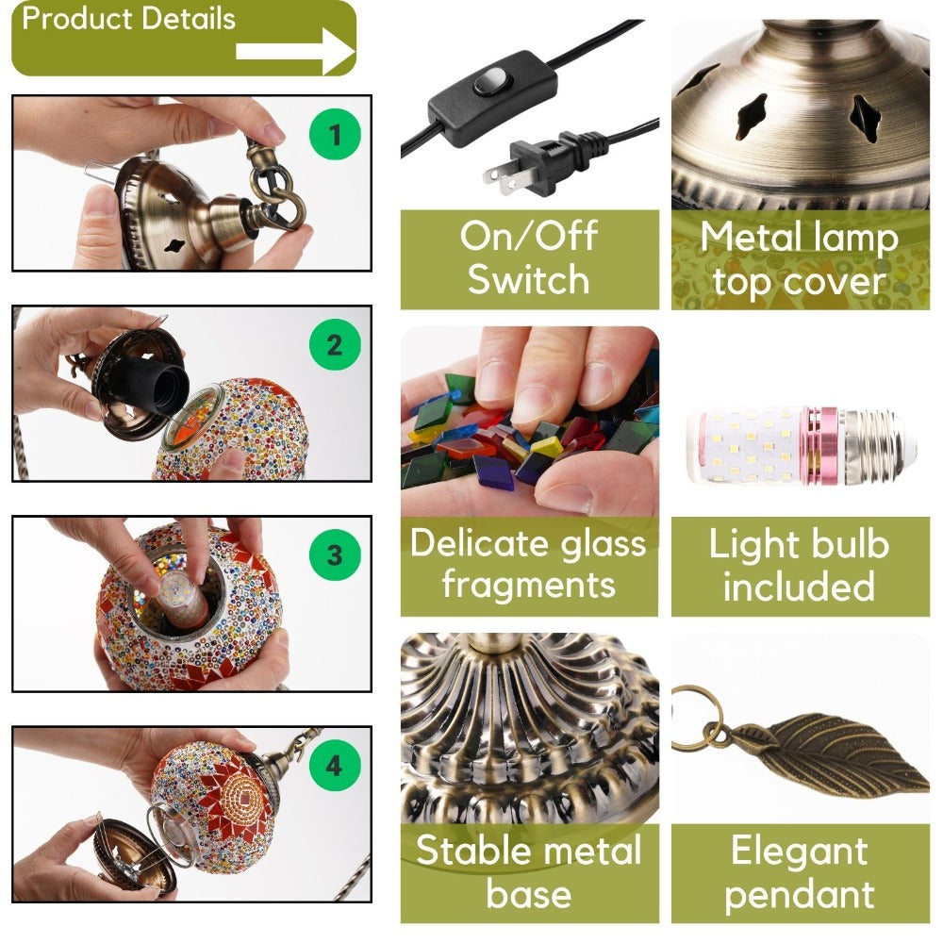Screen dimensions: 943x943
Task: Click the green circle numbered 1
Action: pos(335,134)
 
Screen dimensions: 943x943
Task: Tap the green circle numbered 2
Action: pos(335,344)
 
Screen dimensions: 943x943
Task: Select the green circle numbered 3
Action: pos(335,554)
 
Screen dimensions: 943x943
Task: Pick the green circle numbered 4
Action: pos(335,766)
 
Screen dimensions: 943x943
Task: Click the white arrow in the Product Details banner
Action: pos(295,51)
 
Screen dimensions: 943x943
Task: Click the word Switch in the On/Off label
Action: pos(529,280)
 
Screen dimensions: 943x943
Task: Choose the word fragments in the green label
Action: pos(529,585)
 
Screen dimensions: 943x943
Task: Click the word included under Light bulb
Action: pos(799,586)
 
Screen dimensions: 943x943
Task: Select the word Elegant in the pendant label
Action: pos(800,851)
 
